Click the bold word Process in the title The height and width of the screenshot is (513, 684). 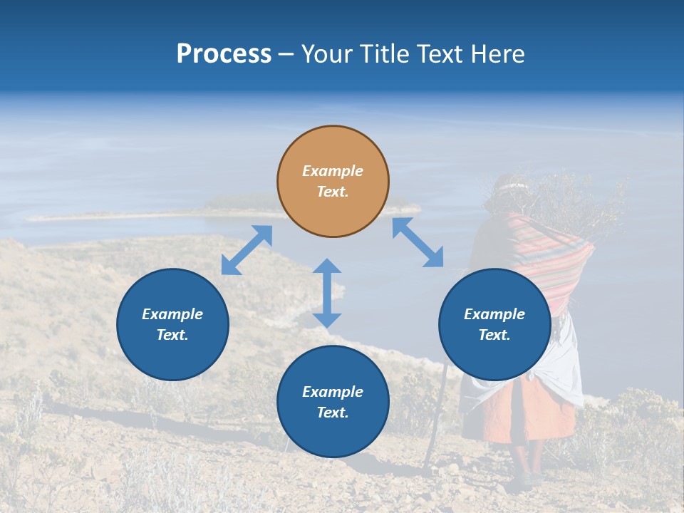[x=224, y=54]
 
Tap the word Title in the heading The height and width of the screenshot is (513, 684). [x=385, y=54]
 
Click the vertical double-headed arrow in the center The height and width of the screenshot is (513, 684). [x=327, y=293]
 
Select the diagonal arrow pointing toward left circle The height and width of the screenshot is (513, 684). [x=247, y=250]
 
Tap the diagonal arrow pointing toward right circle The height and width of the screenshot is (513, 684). [x=418, y=242]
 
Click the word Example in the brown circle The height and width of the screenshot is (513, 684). [x=333, y=171]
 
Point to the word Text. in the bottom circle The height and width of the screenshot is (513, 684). [x=333, y=413]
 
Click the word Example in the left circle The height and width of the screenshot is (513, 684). [x=172, y=314]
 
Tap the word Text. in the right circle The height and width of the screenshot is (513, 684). [x=494, y=335]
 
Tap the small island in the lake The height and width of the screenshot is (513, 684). [x=235, y=207]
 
